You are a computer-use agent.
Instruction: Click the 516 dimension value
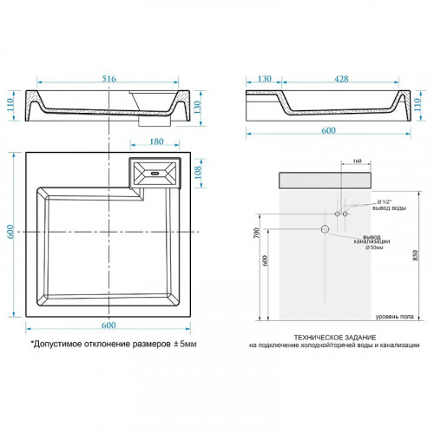[x=108, y=79]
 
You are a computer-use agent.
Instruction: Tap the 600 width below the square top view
[x=108, y=325]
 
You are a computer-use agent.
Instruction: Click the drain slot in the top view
[x=155, y=172]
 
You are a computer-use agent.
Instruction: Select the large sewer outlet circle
[x=325, y=229]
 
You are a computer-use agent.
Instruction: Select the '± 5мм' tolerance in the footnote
[x=183, y=345]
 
